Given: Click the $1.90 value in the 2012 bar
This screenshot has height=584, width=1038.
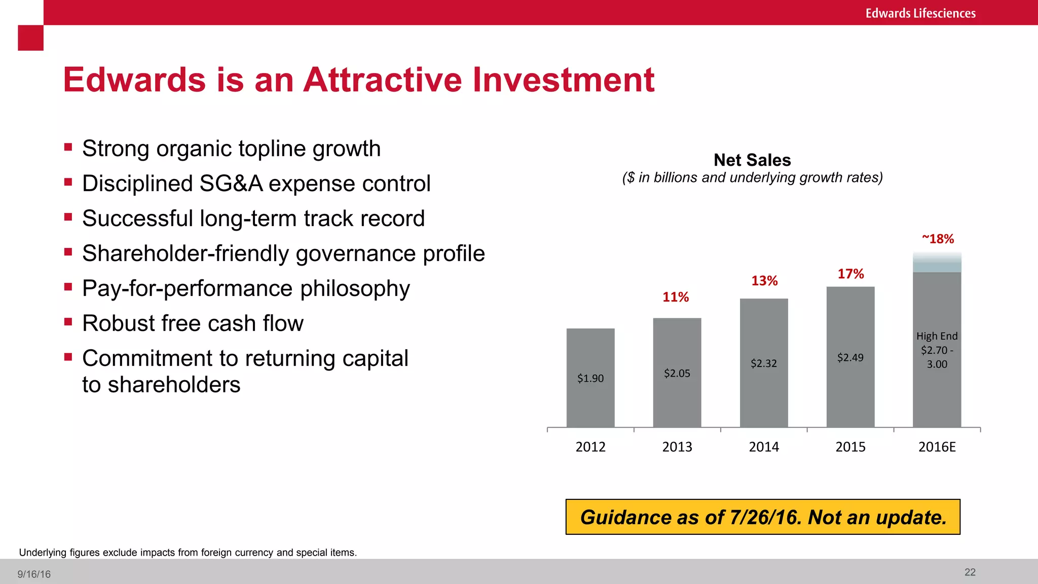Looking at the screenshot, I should click(x=590, y=378).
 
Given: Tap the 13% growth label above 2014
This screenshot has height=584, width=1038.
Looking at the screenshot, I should click(x=764, y=281).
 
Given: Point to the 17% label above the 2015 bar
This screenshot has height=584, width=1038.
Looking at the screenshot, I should click(x=850, y=274).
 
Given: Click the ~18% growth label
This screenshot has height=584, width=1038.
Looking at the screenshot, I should click(x=938, y=239).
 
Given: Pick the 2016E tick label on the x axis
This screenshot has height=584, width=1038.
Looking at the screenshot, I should click(x=937, y=447).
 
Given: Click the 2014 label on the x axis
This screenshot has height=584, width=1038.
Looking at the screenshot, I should click(x=764, y=447).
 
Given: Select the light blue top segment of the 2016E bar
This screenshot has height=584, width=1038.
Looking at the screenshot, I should click(x=937, y=263).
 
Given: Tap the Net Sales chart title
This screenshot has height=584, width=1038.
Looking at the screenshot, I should click(x=752, y=160).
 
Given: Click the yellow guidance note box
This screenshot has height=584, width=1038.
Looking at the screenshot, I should click(x=763, y=517).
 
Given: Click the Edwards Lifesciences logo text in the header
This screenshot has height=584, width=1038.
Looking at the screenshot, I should click(x=920, y=13).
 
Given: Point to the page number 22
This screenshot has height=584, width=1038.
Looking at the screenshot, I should click(x=970, y=572).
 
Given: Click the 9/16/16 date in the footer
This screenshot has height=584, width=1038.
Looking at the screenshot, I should click(x=34, y=574).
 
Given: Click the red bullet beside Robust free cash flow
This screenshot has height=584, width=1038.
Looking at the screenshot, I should click(x=68, y=321).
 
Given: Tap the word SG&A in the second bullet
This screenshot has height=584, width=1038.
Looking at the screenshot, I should click(x=231, y=184).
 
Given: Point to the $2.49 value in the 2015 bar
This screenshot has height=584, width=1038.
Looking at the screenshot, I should click(x=850, y=357).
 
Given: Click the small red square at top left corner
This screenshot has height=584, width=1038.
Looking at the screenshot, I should click(x=30, y=38).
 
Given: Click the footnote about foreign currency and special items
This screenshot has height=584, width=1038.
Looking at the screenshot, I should click(x=188, y=553).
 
